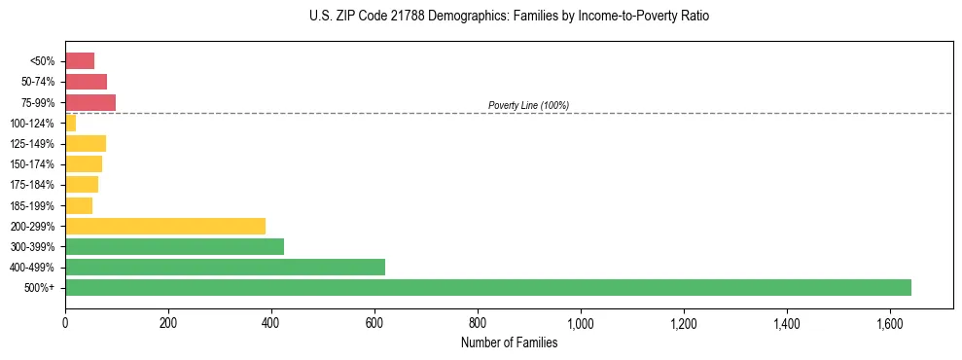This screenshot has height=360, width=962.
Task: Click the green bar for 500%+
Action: (x=487, y=287)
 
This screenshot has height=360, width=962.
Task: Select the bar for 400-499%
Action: (x=225, y=267)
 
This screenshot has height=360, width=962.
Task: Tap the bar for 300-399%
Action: (x=174, y=246)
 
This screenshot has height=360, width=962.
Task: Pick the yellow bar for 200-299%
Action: (x=165, y=226)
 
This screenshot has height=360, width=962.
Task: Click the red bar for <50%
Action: (x=80, y=61)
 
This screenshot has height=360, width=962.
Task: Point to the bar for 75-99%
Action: (x=90, y=102)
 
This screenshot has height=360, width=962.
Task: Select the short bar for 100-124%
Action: (x=70, y=123)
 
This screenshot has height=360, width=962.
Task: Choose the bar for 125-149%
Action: (x=86, y=143)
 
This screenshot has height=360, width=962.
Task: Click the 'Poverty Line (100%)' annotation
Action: (x=528, y=105)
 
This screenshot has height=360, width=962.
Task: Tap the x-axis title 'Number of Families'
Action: (x=509, y=342)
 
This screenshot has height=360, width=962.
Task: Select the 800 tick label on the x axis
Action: (x=478, y=322)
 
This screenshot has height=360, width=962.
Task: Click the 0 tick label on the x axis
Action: (x=65, y=322)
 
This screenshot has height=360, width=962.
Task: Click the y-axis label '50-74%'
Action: (x=38, y=82)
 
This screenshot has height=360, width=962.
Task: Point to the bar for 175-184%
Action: (x=82, y=185)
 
